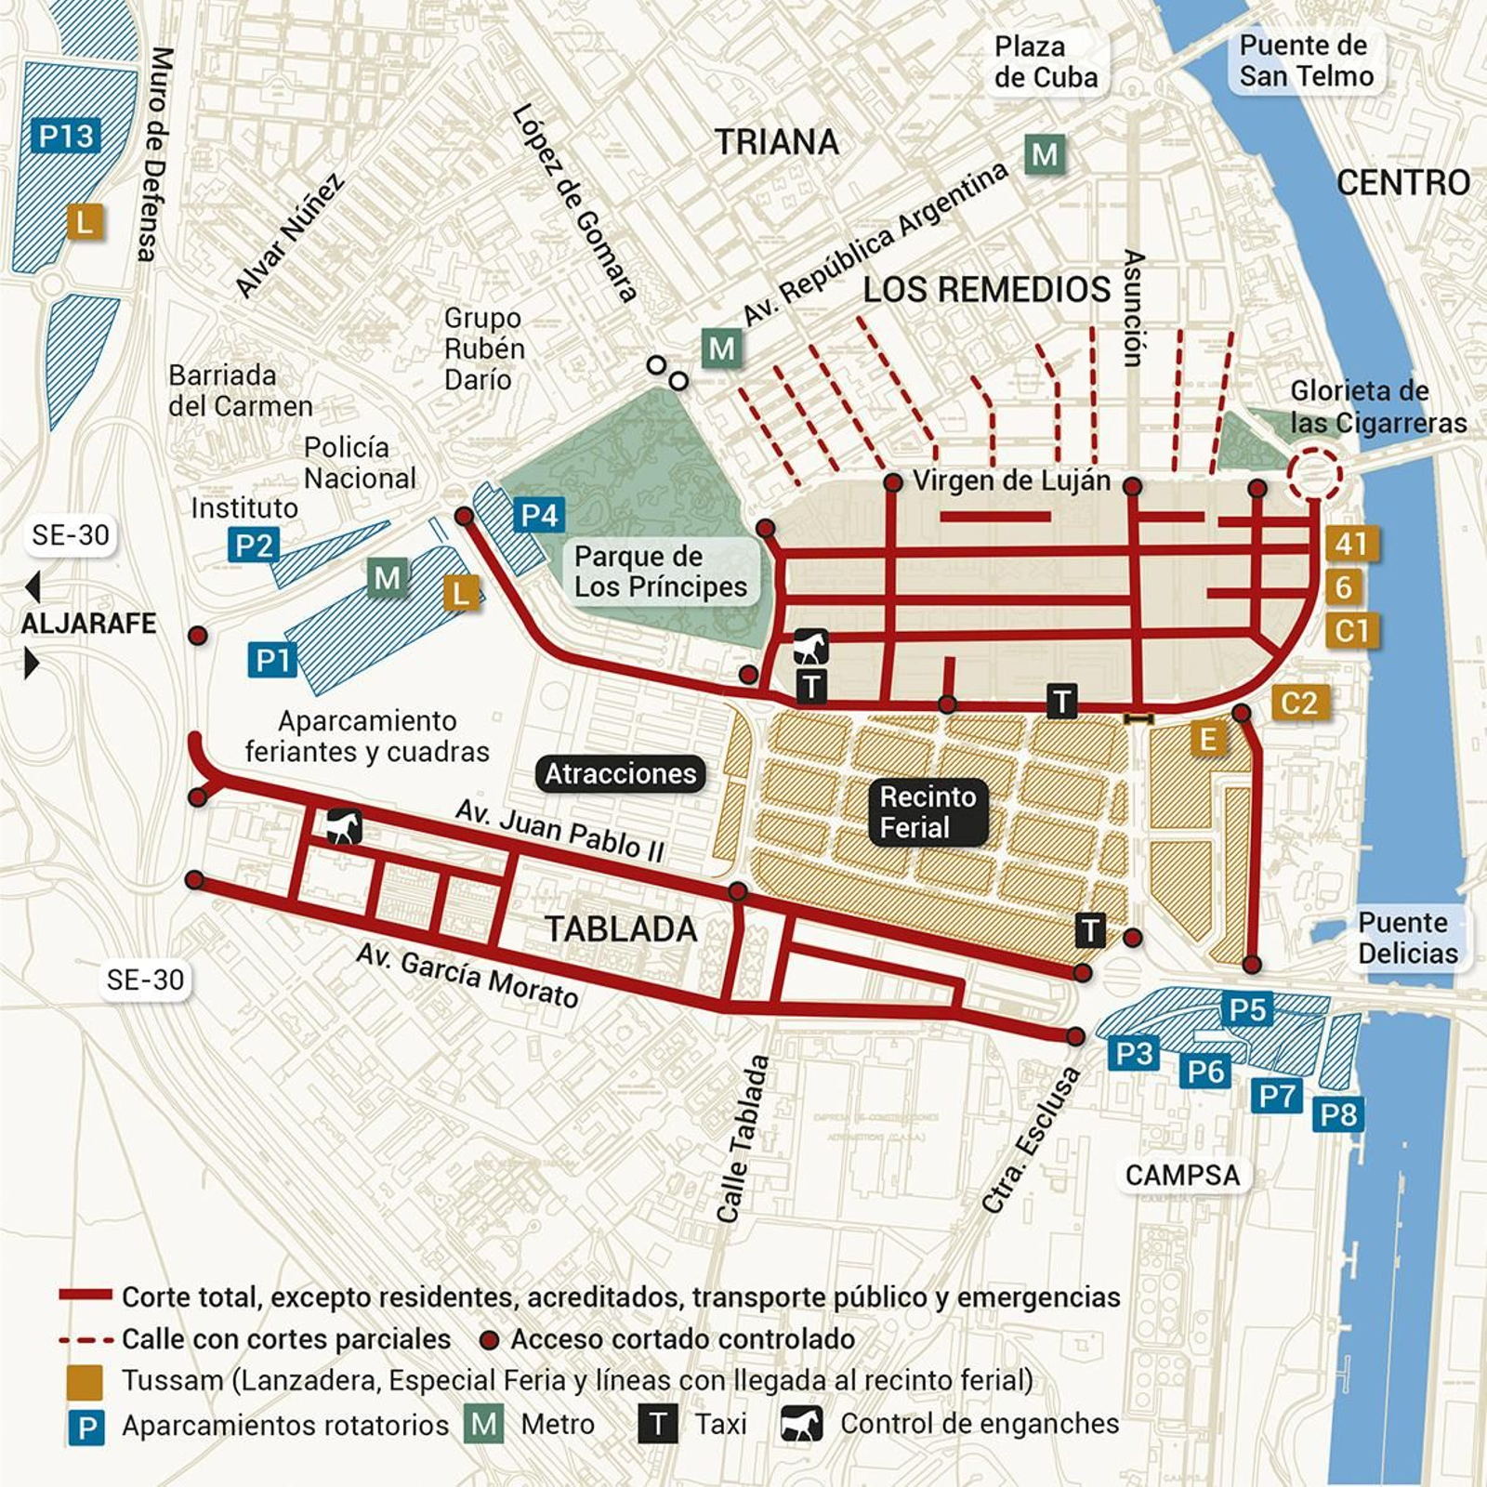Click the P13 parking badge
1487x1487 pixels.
pyautogui.click(x=66, y=137)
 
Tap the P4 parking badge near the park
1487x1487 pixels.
pyautogui.click(x=539, y=515)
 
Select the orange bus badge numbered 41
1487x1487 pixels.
pyautogui.click(x=1351, y=544)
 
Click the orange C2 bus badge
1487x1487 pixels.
pyautogui.click(x=1298, y=703)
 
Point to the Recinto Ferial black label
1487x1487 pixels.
pyautogui.click(x=928, y=812)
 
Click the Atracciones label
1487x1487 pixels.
pyautogui.click(x=620, y=773)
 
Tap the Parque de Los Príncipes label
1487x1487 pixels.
pyautogui.click(x=660, y=572)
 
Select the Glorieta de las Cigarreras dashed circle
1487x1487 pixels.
pyautogui.click(x=1314, y=474)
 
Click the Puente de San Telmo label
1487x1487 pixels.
pyautogui.click(x=1305, y=60)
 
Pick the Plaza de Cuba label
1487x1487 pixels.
pyautogui.click(x=1046, y=61)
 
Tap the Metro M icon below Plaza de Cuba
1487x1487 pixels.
pyautogui.click(x=1045, y=153)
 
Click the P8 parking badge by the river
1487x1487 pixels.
pyautogui.click(x=1338, y=1113)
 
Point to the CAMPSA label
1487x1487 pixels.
pyautogui.click(x=1182, y=1175)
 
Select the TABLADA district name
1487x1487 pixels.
pyautogui.click(x=621, y=929)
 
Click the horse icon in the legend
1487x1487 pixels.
pyautogui.click(x=801, y=1424)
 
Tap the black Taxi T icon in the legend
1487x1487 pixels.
pyautogui.click(x=658, y=1424)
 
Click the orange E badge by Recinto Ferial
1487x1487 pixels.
pyautogui.click(x=1207, y=739)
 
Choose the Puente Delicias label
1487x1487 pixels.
pyautogui.click(x=1407, y=938)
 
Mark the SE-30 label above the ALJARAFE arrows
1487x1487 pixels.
pyautogui.click(x=71, y=535)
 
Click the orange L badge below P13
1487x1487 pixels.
pyautogui.click(x=85, y=222)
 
